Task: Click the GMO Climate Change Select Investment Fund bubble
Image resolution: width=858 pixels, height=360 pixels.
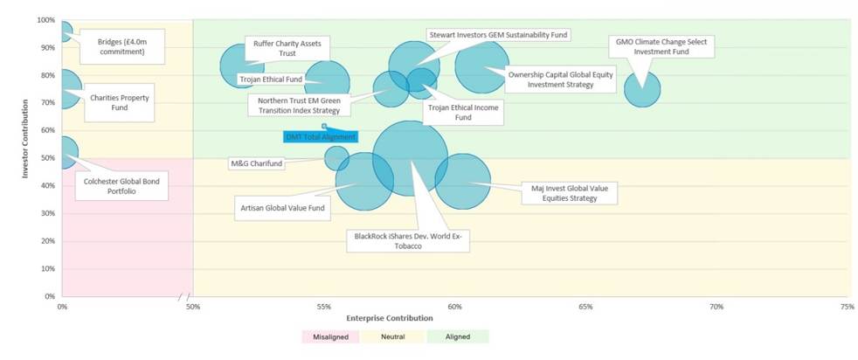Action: coord(642,89)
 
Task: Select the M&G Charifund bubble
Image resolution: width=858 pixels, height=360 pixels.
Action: coord(336,158)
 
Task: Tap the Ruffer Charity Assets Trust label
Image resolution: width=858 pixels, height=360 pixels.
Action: coord(287,47)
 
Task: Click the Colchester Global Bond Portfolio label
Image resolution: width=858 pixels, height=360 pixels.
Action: coord(121,186)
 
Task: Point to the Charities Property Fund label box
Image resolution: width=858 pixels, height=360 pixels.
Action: coord(120,103)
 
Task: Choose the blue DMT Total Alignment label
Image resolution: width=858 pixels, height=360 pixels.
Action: coord(321,136)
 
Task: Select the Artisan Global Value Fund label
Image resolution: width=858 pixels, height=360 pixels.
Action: coord(282,208)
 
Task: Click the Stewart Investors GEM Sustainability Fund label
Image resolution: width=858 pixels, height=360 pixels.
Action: coord(498,35)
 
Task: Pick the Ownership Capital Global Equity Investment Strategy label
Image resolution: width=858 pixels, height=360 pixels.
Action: coord(561,80)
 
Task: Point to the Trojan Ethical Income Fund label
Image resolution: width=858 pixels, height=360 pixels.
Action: coord(463,112)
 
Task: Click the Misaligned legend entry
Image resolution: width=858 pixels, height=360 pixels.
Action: coord(329,336)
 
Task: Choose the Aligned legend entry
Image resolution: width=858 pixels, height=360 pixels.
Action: coord(458,336)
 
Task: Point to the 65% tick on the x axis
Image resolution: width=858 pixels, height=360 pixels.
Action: coord(585,307)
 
